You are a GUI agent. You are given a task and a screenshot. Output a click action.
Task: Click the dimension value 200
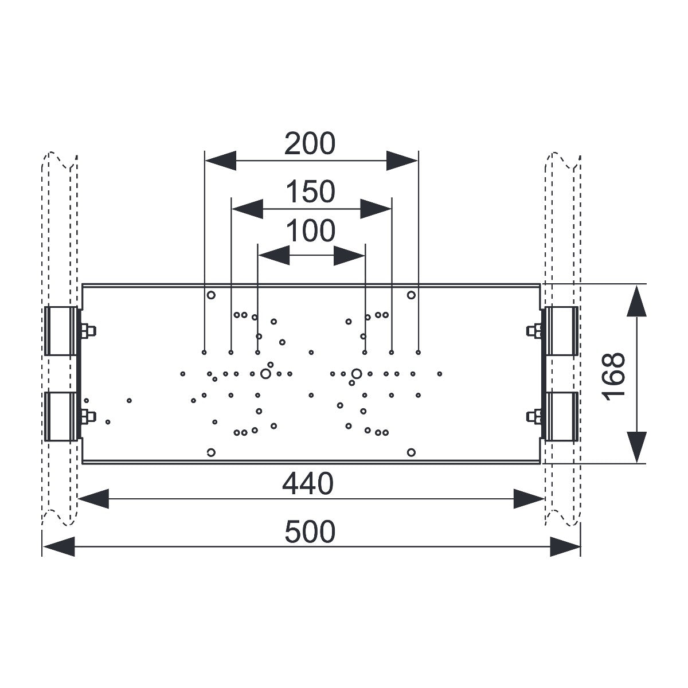pos(310,143)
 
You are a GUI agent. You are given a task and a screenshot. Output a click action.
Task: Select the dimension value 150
pos(311,191)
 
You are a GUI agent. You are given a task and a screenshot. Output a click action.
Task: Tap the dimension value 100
pos(311,231)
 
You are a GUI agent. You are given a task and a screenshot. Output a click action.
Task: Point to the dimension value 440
pos(308,484)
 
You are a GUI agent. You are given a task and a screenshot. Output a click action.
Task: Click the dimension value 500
pos(310,531)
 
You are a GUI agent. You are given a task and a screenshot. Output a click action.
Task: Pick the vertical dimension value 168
pos(613,376)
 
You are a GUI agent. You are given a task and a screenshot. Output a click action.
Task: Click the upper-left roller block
pos(60,331)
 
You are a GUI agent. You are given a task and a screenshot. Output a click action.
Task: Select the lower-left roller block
pos(60,416)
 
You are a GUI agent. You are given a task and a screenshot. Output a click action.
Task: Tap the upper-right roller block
pos(562,331)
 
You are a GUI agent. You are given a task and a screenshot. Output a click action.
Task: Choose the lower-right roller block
pos(562,416)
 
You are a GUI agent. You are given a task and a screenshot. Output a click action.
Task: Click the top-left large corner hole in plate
pos(211,295)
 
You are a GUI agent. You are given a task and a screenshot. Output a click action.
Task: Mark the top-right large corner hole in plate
pos(411,295)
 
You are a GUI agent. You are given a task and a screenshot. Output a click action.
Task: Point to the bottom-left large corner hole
pos(211,452)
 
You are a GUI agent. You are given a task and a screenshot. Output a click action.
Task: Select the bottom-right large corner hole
pos(411,452)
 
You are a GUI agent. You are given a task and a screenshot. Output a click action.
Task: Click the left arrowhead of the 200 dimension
pos(220,161)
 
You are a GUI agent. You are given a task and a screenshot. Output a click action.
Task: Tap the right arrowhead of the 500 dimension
pos(565,546)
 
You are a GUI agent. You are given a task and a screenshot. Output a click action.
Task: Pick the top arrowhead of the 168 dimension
pos(636,300)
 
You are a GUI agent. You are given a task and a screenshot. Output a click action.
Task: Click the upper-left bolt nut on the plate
pos(88,331)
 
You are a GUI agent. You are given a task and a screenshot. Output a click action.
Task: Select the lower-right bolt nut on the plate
pos(534,416)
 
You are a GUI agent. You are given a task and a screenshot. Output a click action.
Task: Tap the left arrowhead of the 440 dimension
pos(93,499)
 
